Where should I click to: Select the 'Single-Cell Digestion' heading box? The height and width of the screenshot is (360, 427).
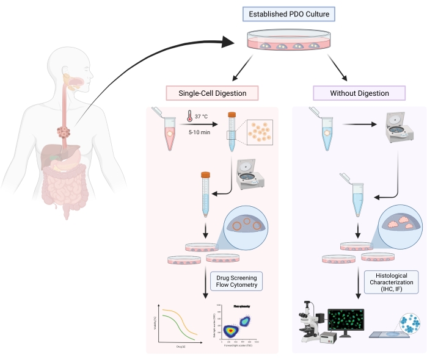coord(212,93)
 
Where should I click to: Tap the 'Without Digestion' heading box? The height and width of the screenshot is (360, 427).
coord(359,93)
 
